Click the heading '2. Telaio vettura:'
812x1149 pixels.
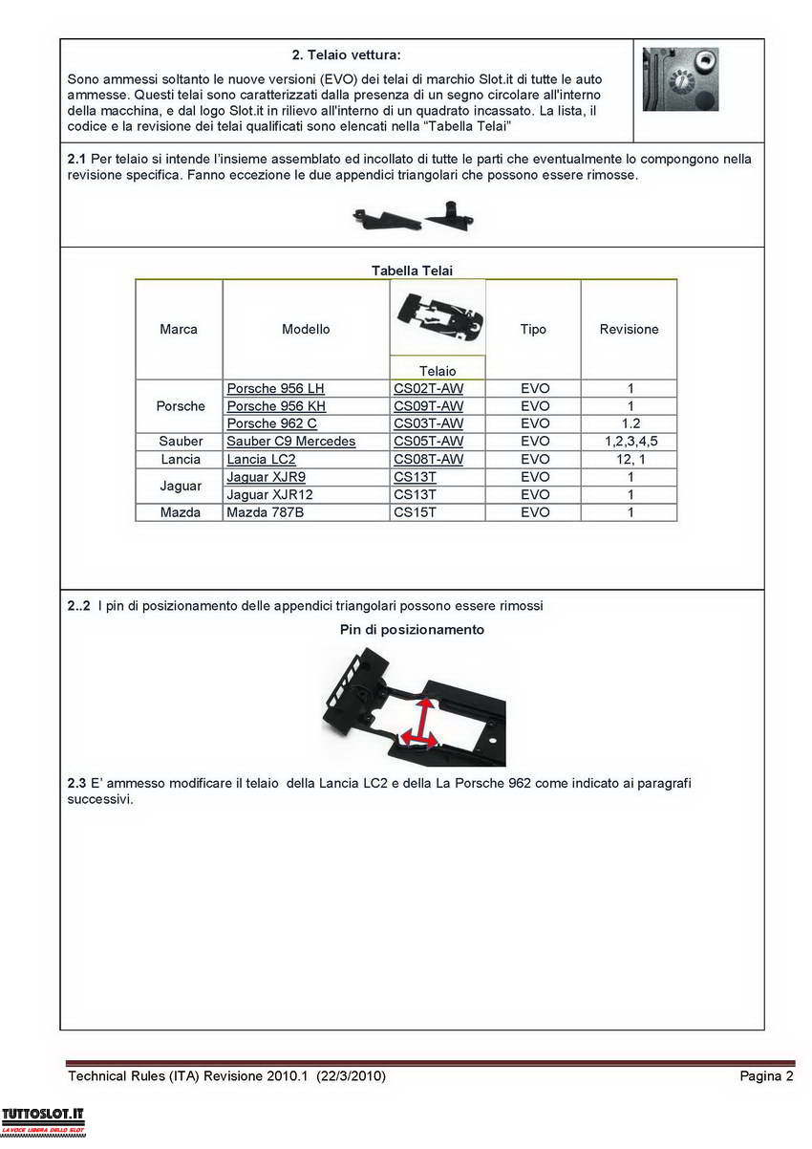point(346,55)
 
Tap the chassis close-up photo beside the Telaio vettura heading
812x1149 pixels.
point(680,79)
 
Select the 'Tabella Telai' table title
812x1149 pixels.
point(412,271)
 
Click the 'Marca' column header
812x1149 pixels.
point(179,329)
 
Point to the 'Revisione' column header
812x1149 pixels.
point(629,329)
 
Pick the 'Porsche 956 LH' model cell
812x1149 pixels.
point(275,388)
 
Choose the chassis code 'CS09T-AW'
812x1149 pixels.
point(428,406)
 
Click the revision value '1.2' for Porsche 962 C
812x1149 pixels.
point(630,423)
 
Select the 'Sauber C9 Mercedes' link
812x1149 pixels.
point(290,442)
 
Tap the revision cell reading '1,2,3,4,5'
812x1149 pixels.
point(630,442)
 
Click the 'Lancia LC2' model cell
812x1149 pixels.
point(261,460)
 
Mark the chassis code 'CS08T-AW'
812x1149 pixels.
point(428,460)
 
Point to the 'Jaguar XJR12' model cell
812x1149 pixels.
point(269,494)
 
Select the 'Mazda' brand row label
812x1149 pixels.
point(181,512)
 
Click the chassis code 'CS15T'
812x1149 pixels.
point(415,512)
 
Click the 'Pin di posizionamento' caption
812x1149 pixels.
point(412,629)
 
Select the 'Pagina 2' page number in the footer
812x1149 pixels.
point(766,1076)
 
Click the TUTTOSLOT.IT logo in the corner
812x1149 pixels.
point(44,1119)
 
